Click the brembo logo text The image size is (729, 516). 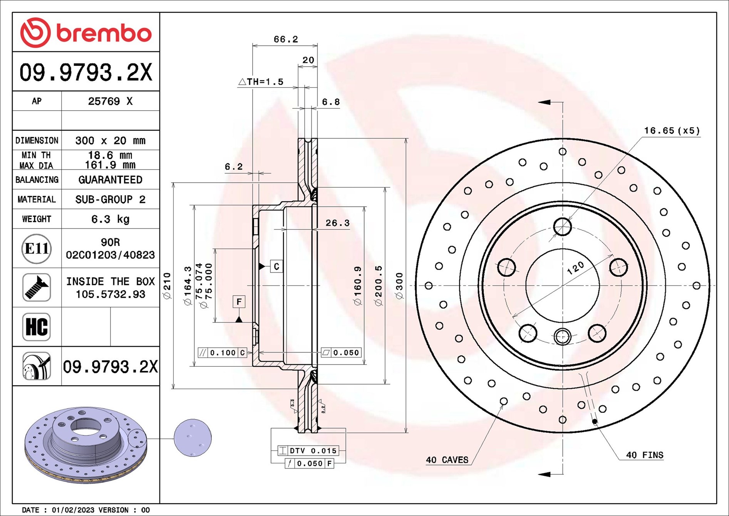(x=104, y=33)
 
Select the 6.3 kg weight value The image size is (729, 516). (x=110, y=219)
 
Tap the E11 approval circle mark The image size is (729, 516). (x=36, y=249)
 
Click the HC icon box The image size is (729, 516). (x=36, y=327)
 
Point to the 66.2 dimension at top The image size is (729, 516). (x=285, y=39)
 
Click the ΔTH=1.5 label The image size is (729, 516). (x=261, y=82)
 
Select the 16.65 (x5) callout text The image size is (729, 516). (x=672, y=131)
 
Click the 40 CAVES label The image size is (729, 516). (x=447, y=460)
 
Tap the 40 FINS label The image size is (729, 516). (x=644, y=455)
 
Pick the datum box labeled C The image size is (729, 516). (x=276, y=266)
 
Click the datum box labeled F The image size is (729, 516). (x=239, y=302)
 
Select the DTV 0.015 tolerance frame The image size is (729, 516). (x=308, y=450)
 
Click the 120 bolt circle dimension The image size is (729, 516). (x=575, y=268)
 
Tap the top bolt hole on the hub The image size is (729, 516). (x=562, y=227)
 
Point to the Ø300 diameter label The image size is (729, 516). (x=399, y=286)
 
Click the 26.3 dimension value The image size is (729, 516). (x=337, y=223)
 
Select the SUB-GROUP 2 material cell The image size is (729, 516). (x=110, y=200)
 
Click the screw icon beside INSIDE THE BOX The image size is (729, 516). (x=36, y=287)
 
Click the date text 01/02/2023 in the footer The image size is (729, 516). (x=73, y=510)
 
